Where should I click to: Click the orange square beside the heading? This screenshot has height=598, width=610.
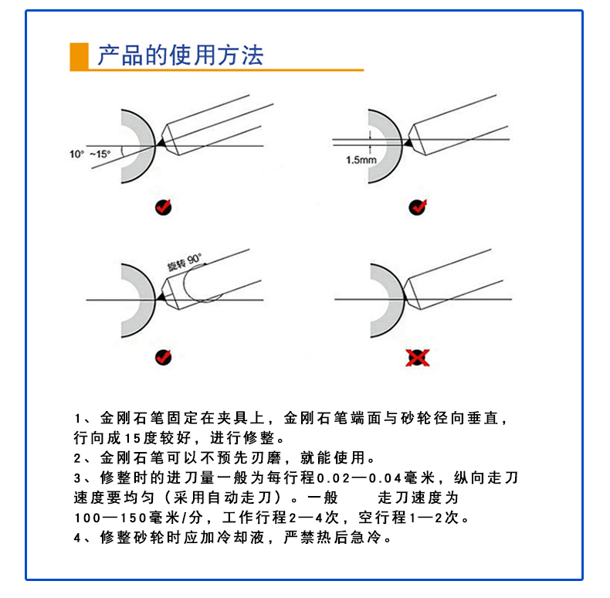(79, 57)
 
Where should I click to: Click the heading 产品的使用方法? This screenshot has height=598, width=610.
(181, 55)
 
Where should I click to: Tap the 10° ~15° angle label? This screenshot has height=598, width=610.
(90, 155)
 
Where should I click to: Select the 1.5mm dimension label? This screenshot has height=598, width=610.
(361, 160)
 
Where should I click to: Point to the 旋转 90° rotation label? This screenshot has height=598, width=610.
(185, 262)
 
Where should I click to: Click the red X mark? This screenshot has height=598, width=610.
(418, 358)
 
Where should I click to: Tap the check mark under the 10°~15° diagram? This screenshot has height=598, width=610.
(164, 207)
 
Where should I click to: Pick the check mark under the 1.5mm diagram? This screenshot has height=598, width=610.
(418, 207)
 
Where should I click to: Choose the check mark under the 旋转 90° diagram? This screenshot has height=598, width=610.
(164, 357)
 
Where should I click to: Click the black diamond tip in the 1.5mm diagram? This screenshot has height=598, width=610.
(408, 142)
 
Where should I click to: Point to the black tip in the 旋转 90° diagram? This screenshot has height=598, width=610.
(161, 297)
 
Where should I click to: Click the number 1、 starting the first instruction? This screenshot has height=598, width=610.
(83, 419)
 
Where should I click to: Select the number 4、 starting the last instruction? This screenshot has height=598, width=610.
(83, 538)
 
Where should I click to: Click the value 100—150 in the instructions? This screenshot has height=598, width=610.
(110, 518)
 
